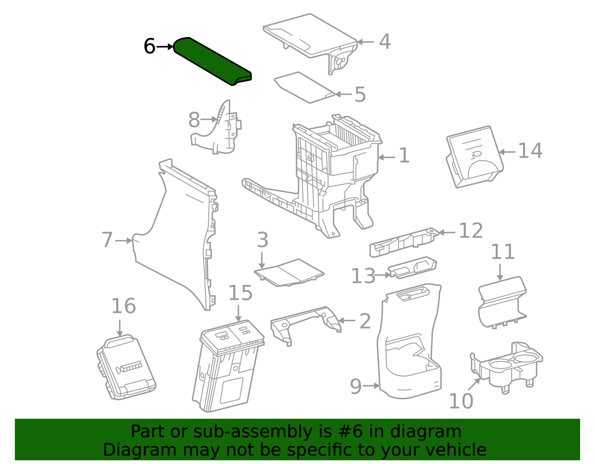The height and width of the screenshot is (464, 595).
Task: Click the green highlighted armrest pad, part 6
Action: tap(212, 61)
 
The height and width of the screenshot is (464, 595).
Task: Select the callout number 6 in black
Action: tap(149, 47)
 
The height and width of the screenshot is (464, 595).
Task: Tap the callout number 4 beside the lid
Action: tap(385, 42)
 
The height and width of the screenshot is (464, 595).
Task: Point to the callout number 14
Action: tap(530, 151)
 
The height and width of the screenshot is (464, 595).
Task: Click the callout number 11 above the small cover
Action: tap(502, 252)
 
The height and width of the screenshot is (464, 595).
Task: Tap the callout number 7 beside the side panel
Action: tap(107, 240)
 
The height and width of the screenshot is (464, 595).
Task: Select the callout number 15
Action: tap(240, 293)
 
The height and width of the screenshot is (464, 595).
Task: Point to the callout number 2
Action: tap(365, 321)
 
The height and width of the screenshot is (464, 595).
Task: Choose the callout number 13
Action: tap(363, 276)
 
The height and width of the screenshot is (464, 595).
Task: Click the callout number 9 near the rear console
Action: tap(356, 386)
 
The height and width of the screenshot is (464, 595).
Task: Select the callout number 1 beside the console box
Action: tap(404, 156)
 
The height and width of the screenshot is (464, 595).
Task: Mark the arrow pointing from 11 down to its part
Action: tap(500, 272)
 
